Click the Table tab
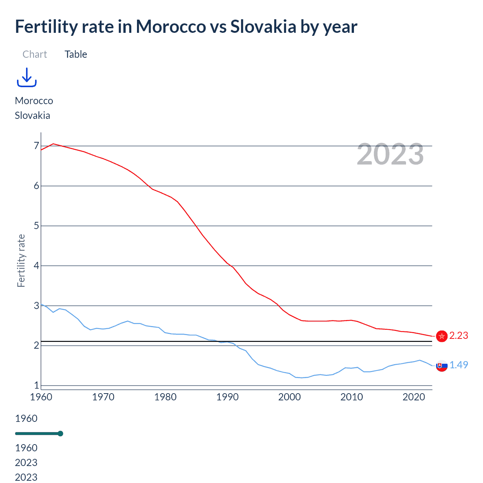point(76,54)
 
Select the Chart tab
point(35,54)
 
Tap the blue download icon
point(27,77)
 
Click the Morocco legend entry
point(34,101)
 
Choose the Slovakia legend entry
point(32,115)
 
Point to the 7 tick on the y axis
point(37,146)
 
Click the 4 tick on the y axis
point(37,266)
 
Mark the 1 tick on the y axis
point(37,385)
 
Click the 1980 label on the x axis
point(165,397)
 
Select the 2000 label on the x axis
point(289,397)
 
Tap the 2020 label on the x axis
point(414,397)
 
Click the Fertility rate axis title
point(21,261)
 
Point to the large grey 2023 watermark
point(390,154)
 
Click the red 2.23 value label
point(458,335)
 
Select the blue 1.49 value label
point(458,365)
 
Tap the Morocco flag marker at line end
point(441,336)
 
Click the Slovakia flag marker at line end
point(441,366)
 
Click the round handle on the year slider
point(60,434)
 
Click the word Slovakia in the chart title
point(263,27)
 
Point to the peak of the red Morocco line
point(53,144)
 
